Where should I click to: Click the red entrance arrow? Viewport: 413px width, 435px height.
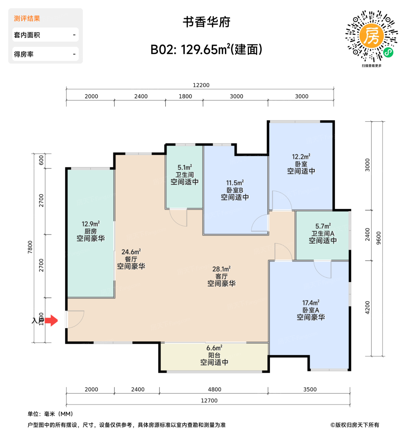[51, 320]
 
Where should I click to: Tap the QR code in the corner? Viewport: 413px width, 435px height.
[371, 36]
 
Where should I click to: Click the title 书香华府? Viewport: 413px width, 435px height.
[207, 22]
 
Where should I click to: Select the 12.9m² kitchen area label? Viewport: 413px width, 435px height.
[91, 224]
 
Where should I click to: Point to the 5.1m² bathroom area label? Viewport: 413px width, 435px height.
[185, 167]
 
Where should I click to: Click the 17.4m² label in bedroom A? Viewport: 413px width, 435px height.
[311, 303]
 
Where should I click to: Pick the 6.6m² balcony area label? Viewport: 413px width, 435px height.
[214, 348]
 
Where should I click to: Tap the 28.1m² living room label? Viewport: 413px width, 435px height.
[221, 269]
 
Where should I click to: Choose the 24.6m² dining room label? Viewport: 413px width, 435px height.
[131, 252]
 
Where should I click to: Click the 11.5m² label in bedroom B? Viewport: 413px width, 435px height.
[235, 183]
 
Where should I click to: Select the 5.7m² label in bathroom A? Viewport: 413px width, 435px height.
[323, 226]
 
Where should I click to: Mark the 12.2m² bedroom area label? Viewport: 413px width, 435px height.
[301, 157]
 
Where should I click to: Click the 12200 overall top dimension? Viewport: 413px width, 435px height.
[201, 85]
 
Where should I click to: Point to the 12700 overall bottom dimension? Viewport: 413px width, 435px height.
[209, 401]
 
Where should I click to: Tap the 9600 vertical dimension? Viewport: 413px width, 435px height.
[379, 238]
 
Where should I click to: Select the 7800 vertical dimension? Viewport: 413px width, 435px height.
[30, 247]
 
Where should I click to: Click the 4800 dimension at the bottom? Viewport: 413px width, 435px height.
[215, 389]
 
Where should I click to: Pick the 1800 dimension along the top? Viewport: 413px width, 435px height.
[185, 96]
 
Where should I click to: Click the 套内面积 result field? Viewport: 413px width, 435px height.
[45, 35]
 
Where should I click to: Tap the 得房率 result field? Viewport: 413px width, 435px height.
[45, 54]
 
